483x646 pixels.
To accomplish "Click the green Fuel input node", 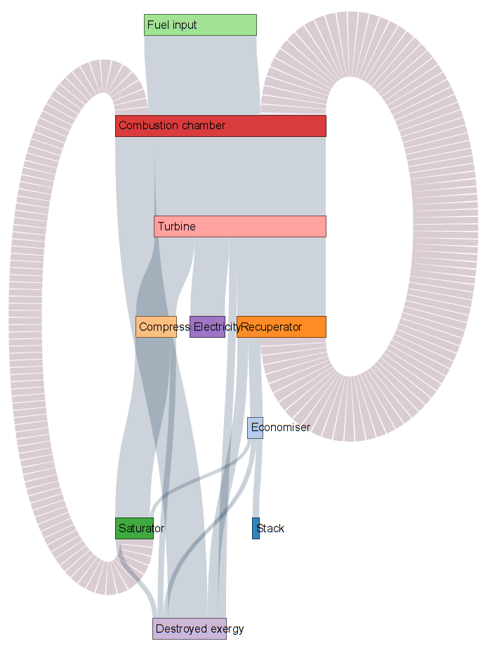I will coord(200,25).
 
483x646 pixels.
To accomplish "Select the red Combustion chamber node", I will coord(220,126).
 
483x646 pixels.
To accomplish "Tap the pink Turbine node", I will coord(240,226).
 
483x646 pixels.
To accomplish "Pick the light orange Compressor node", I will coord(156,327).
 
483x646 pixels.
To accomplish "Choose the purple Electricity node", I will coord(207,327).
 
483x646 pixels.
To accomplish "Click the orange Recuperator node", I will coord(281,327).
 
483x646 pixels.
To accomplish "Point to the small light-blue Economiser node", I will coord(255,427).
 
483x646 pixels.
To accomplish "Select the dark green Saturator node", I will coord(134,528).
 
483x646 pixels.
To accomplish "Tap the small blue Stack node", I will coord(256,528).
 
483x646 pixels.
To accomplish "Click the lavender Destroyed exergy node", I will coord(190,628).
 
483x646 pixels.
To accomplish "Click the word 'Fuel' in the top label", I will coord(157,25).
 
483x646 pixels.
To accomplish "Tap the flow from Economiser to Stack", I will coord(256,477).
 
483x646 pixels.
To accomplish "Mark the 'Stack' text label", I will coord(271,529).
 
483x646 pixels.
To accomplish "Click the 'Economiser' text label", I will coord(280,428).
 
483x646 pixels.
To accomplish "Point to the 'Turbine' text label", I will coord(176,227).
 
